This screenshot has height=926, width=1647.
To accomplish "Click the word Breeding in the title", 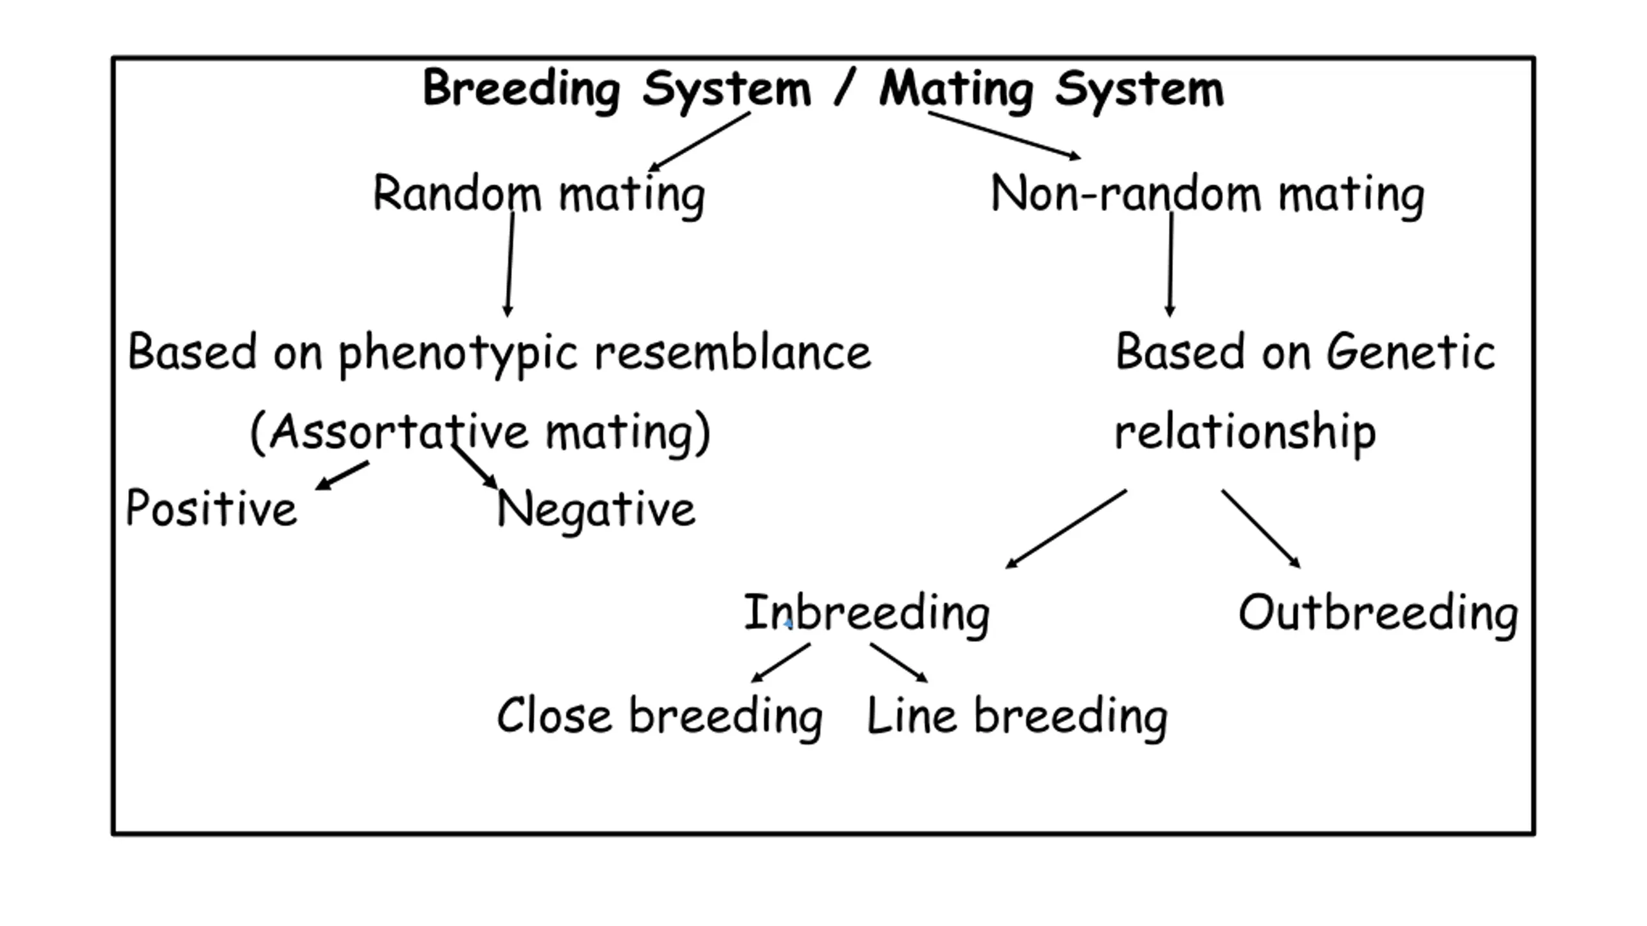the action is pyautogui.click(x=522, y=89).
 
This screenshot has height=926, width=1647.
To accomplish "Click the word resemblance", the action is pyautogui.click(x=733, y=352).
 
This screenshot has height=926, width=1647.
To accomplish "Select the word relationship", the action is pyautogui.click(x=1245, y=432).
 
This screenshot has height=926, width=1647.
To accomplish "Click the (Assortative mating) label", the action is pyautogui.click(x=480, y=432).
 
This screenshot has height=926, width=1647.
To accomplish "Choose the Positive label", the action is pyautogui.click(x=212, y=508).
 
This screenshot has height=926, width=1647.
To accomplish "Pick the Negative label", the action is pyautogui.click(x=596, y=510).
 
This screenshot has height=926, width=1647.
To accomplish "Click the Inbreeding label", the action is pyautogui.click(x=867, y=613).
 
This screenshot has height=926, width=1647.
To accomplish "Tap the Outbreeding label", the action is pyautogui.click(x=1378, y=613).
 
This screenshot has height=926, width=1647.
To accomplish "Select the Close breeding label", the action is pyautogui.click(x=660, y=716).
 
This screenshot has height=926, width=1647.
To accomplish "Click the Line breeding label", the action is pyautogui.click(x=1017, y=716).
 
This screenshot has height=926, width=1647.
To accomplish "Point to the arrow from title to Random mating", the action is pyautogui.click(x=699, y=142).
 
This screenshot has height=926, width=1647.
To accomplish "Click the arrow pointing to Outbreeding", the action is pyautogui.click(x=1261, y=529).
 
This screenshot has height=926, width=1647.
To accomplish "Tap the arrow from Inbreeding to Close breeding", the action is pyautogui.click(x=781, y=662).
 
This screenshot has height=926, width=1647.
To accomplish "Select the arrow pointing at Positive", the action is pyautogui.click(x=342, y=475).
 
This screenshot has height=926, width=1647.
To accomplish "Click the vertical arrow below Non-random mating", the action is pyautogui.click(x=1170, y=264).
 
